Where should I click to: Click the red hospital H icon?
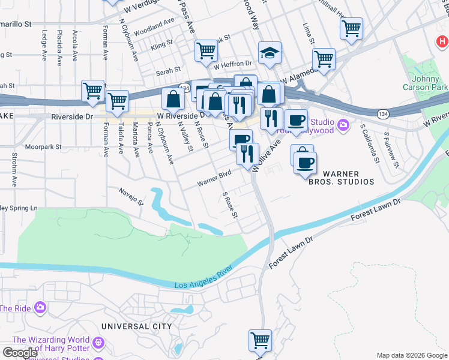(442, 42)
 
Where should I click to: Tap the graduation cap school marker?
(270, 53)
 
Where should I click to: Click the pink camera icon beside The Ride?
(40, 308)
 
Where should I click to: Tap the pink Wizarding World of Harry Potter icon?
(98, 344)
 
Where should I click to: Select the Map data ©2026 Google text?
(411, 355)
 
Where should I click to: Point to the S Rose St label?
(230, 205)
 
